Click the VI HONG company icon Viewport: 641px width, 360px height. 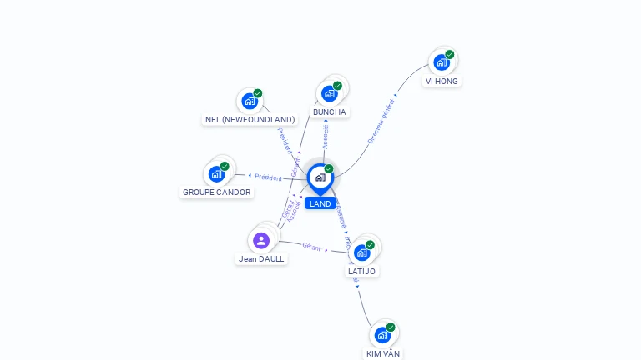(441, 62)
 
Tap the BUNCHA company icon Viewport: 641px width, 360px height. (329, 92)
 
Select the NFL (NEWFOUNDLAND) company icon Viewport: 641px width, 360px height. (249, 101)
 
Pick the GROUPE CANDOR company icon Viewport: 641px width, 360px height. (216, 173)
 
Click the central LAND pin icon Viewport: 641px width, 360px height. (320, 177)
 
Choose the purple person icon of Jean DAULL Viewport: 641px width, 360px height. (261, 240)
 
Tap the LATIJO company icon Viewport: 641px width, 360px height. (361, 252)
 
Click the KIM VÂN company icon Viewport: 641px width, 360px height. (382, 335)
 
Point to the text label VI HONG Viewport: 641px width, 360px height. (442, 82)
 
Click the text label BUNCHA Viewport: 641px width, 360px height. (329, 112)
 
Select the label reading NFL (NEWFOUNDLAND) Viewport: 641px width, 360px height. (250, 120)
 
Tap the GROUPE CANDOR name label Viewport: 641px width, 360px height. (216, 192)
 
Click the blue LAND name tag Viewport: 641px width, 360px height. (320, 203)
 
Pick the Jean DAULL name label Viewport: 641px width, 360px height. (261, 259)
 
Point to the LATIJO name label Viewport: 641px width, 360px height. (361, 272)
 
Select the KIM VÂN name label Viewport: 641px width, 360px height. (383, 354)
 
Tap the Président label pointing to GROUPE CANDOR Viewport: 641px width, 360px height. (269, 177)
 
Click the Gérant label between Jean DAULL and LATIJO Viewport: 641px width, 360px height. (312, 246)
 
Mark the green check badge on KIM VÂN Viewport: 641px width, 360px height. (391, 327)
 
